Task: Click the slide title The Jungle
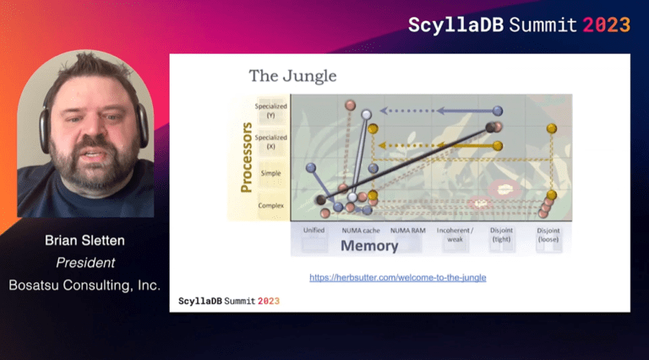pos(292,76)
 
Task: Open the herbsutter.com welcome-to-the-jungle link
pos(397,277)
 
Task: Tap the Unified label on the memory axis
pos(314,230)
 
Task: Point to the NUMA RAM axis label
pos(408,230)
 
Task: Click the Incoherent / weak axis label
pos(456,233)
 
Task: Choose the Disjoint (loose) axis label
pos(548,233)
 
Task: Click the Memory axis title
pos(369,246)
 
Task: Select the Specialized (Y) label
pos(271,111)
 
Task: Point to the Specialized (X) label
pos(271,141)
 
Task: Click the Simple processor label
pos(271,173)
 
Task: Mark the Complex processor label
pos(271,205)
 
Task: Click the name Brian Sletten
pos(84,242)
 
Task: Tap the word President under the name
pos(85,263)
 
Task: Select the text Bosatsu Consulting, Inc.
pos(85,286)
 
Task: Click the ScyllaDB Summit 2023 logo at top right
pos(519,25)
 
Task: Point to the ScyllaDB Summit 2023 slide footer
pos(229,301)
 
